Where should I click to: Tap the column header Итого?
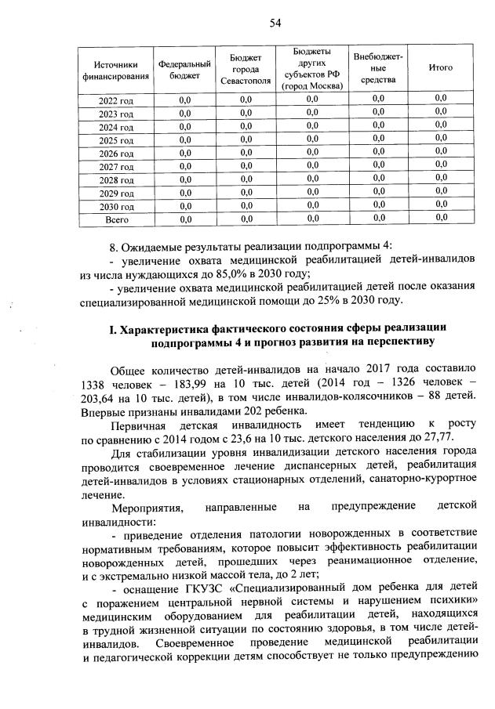tap(441, 68)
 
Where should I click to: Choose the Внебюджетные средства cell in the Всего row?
tap(378, 219)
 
